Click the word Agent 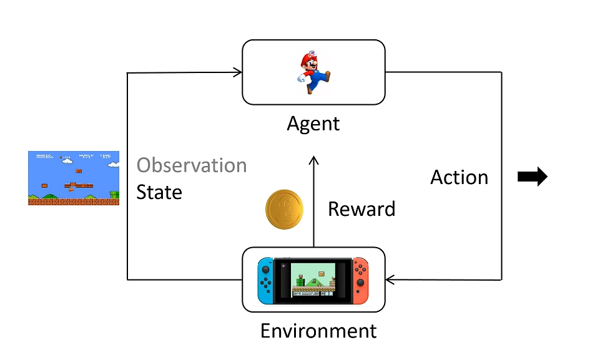pos(313,123)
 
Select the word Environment pos(318,330)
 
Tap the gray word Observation pos(192,165)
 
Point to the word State pos(159,192)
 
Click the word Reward pos(361,208)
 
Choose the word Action pos(459,177)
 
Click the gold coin pos(284,208)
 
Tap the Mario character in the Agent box pos(312,72)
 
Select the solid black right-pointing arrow pos(533,177)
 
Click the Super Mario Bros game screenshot pos(73,178)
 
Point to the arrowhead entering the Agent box pos(238,72)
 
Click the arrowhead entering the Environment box pos(391,279)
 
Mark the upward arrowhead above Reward pos(313,162)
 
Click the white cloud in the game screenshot pos(113,165)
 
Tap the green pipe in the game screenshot pos(114,196)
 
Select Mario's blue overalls pos(320,78)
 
